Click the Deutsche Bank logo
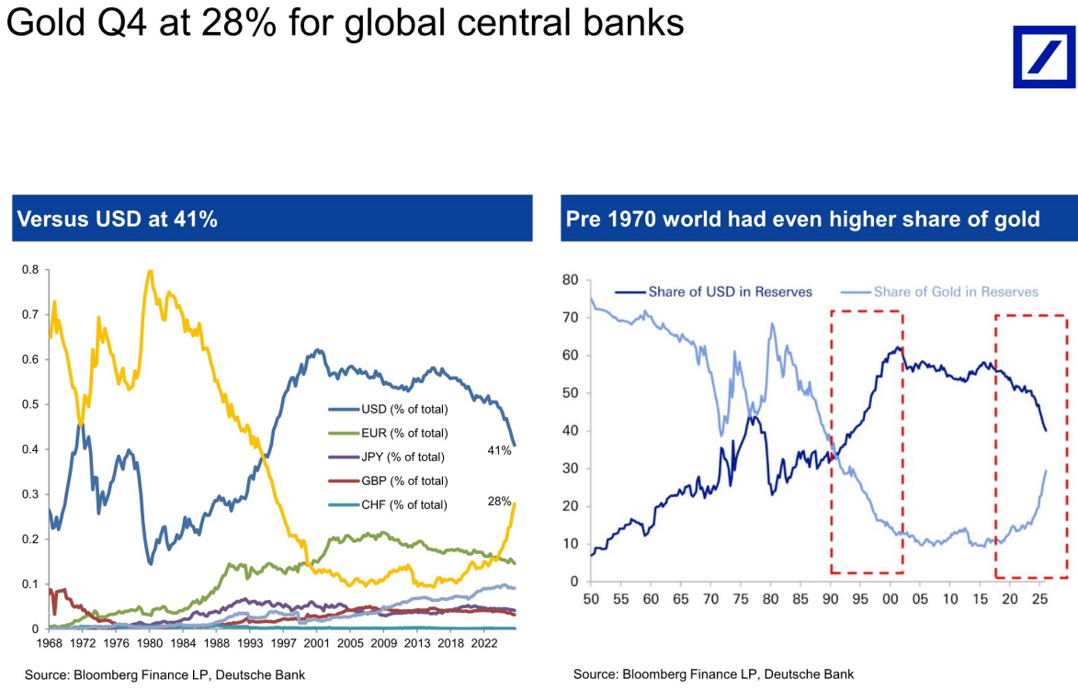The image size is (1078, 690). [x=1044, y=57]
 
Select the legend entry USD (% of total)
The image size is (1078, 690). [x=388, y=410]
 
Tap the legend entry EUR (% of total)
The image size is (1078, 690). [x=388, y=434]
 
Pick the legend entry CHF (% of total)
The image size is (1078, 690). [x=388, y=505]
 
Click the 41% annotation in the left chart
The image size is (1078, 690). [x=499, y=451]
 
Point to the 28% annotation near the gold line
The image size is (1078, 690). [x=499, y=502]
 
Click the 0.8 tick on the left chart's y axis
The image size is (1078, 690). [x=30, y=269]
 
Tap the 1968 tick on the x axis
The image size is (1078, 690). [x=49, y=643]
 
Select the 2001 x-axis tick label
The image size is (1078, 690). [x=316, y=643]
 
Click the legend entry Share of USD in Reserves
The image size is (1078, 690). [x=714, y=292]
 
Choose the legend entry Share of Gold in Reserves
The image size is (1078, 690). [x=940, y=292]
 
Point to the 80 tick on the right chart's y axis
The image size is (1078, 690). [x=570, y=279]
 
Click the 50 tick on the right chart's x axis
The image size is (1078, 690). [x=591, y=599]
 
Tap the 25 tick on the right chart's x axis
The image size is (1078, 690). [x=1039, y=599]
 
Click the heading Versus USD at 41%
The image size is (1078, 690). [x=117, y=220]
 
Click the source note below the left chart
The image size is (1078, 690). [x=165, y=675]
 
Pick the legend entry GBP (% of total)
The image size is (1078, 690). [x=388, y=481]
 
